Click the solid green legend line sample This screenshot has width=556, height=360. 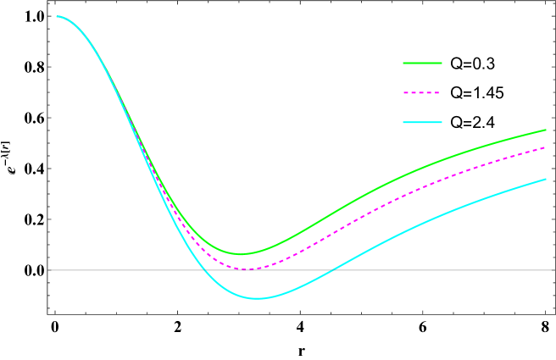(x=422, y=63)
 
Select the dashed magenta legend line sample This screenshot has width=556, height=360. (x=422, y=92)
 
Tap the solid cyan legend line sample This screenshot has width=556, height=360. (x=422, y=123)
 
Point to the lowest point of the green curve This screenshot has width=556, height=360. (x=241, y=254)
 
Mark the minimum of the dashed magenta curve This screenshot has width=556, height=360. (x=248, y=269)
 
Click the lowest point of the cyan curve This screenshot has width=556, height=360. (x=257, y=298)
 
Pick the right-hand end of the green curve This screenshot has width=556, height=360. (x=546, y=130)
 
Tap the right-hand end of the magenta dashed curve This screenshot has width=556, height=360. (x=545, y=147)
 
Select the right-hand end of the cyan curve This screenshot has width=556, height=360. (x=546, y=179)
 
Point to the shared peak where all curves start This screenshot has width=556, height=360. (x=58, y=16)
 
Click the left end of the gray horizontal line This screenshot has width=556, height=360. (x=51, y=270)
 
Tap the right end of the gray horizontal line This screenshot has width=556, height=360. (x=553, y=270)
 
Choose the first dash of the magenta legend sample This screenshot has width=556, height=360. (x=406, y=92)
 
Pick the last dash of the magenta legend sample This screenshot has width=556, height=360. (x=436, y=92)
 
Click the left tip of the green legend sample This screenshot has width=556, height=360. (x=403, y=63)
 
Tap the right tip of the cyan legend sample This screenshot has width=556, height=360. (x=442, y=123)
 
